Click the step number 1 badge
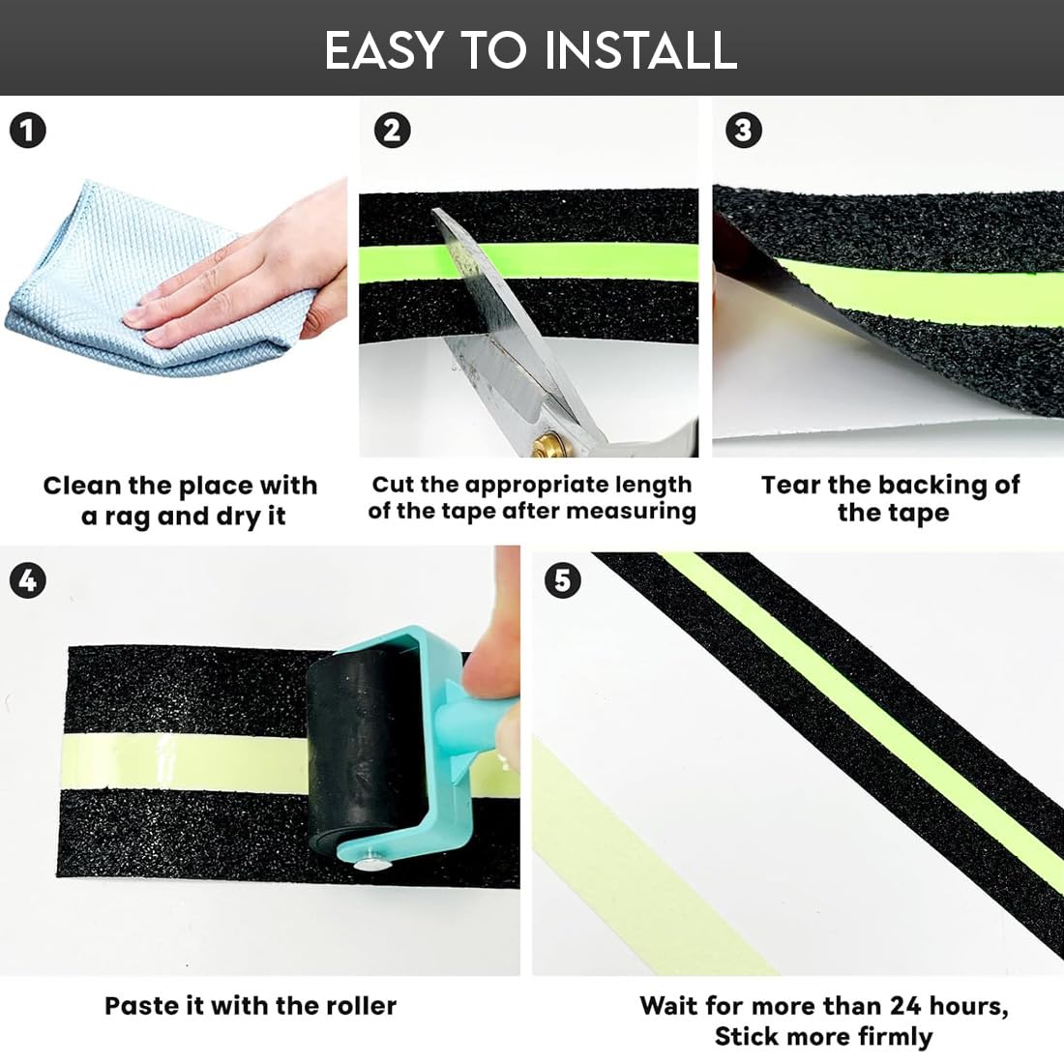pyautogui.click(x=28, y=131)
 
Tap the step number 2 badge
pyautogui.click(x=392, y=131)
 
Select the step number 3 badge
pyautogui.click(x=744, y=131)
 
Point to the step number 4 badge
pyautogui.click(x=28, y=581)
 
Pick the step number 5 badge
pyautogui.click(x=563, y=581)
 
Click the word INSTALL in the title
pyautogui.click(x=640, y=50)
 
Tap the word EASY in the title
pyautogui.click(x=384, y=50)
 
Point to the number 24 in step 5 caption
pyautogui.click(x=905, y=1006)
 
